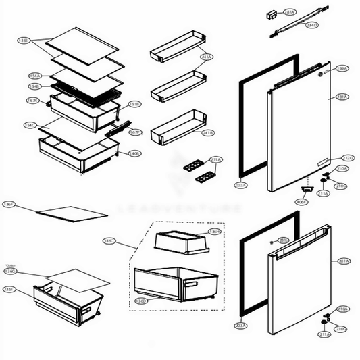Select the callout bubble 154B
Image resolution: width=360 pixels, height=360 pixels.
tap(34, 86)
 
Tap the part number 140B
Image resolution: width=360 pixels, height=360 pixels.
tap(134, 153)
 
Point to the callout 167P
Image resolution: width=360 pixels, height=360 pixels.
tap(134, 132)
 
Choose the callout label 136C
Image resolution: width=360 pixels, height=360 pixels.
tap(109, 240)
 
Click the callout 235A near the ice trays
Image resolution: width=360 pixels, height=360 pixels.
tap(215, 159)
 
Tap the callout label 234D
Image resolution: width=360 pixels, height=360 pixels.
tap(312, 25)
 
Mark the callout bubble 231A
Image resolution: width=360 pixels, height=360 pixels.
tap(342, 97)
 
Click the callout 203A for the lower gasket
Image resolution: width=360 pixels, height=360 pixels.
tap(240, 326)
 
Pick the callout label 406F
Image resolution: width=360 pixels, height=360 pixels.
tap(301, 201)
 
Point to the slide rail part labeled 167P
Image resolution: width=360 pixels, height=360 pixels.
tap(115, 129)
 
